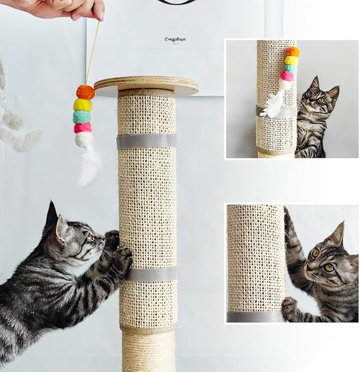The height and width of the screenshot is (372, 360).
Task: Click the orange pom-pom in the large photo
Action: tap(85, 92)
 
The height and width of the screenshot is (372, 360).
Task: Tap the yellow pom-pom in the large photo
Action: tap(83, 105)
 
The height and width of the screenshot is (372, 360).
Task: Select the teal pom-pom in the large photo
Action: tap(82, 117)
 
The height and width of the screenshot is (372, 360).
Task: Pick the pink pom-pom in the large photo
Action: tap(83, 128)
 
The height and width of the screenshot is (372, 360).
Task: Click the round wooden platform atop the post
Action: tap(146, 84)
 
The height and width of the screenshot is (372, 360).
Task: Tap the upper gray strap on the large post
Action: tap(147, 141)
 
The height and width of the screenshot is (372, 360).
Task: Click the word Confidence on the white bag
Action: tap(175, 39)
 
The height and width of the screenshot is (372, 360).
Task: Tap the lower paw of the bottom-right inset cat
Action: tap(289, 305)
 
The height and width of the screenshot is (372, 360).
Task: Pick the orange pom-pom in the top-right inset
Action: tap(293, 51)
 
